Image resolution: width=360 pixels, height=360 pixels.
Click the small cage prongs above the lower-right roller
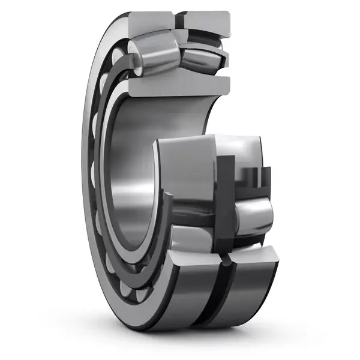[x=252, y=177]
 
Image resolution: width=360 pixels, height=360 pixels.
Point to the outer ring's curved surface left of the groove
[x=186, y=300]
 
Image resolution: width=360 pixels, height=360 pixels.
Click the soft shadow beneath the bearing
[x=180, y=339]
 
